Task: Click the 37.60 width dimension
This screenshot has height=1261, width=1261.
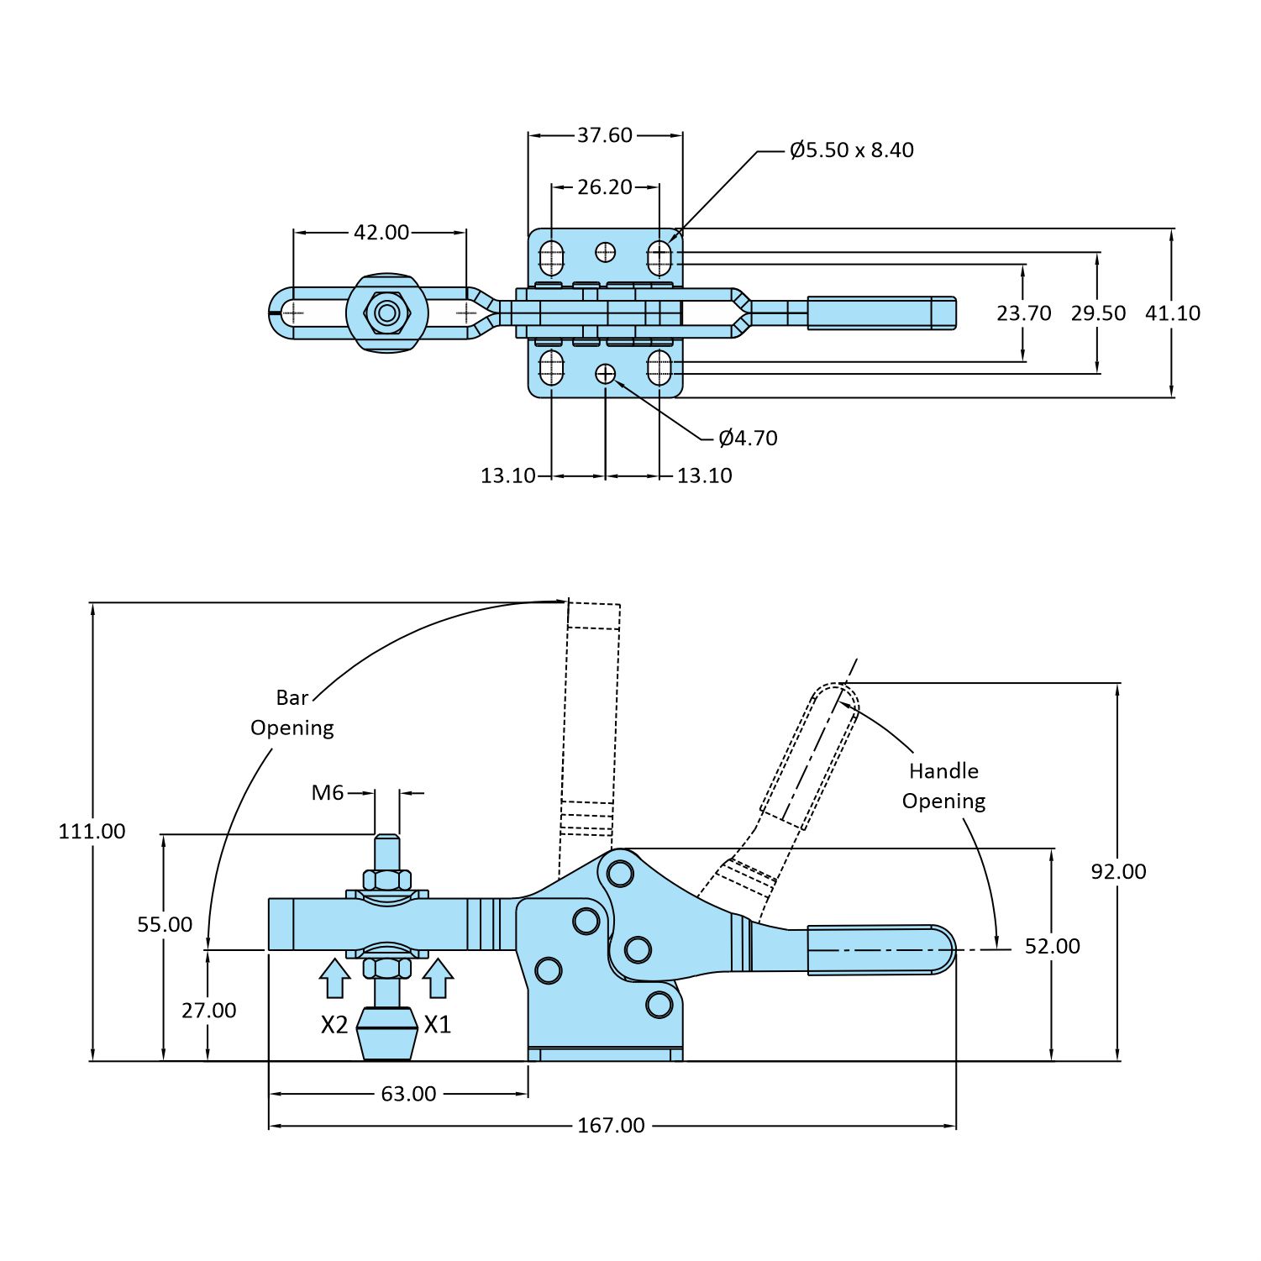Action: click(604, 134)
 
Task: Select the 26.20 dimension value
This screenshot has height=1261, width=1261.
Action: click(604, 187)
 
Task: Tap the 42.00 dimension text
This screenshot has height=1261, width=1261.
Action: click(381, 232)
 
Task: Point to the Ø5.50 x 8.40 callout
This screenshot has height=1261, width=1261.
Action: click(851, 150)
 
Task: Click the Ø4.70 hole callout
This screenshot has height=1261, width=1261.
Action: click(748, 438)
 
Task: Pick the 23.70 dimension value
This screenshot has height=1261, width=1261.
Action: click(1023, 313)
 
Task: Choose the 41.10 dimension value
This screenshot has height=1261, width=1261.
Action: click(1172, 313)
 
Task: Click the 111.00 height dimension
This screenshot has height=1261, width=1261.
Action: click(92, 831)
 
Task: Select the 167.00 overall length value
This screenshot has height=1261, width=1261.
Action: click(611, 1125)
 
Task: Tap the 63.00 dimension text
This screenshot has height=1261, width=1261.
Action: click(408, 1094)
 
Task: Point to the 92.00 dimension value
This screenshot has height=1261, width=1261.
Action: click(1118, 871)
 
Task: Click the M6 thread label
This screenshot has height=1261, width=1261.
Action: click(328, 792)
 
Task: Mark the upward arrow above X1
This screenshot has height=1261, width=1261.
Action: click(438, 978)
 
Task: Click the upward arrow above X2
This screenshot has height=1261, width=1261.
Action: click(334, 978)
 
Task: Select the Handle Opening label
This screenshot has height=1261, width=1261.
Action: click(943, 785)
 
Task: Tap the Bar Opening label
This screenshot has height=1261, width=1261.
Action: click(292, 712)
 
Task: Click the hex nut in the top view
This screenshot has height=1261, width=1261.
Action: click(386, 313)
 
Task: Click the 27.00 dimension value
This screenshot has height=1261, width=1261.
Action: click(209, 1010)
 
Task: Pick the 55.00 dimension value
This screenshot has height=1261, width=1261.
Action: click(165, 924)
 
